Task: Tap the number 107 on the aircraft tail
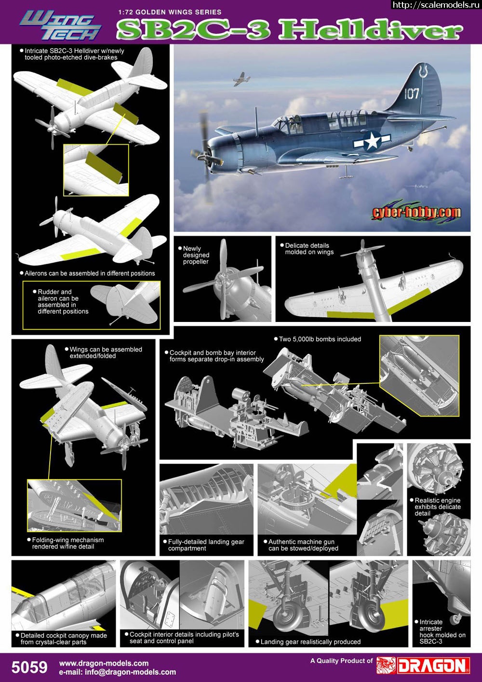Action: point(411,93)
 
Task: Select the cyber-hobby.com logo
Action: point(416,212)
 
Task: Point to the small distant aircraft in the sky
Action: point(241,79)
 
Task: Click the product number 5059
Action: point(29,667)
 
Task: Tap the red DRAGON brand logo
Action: point(423,665)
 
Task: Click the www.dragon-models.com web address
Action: point(103,663)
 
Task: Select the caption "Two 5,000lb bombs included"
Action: point(320,339)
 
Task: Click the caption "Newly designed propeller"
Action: point(196,255)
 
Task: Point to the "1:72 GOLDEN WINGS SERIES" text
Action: point(169,12)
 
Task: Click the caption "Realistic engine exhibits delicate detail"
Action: point(437,507)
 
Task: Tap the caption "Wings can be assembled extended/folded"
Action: point(106,353)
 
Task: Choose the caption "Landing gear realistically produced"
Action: point(310,642)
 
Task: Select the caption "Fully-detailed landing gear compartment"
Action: point(206,545)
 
